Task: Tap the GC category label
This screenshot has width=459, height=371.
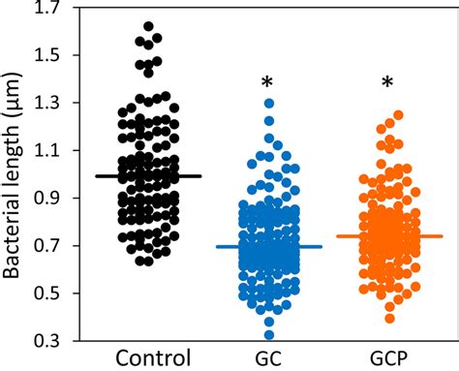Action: pyautogui.click(x=268, y=356)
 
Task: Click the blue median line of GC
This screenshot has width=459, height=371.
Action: pyautogui.click(x=268, y=247)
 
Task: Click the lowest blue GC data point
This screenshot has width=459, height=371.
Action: pyautogui.click(x=268, y=335)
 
